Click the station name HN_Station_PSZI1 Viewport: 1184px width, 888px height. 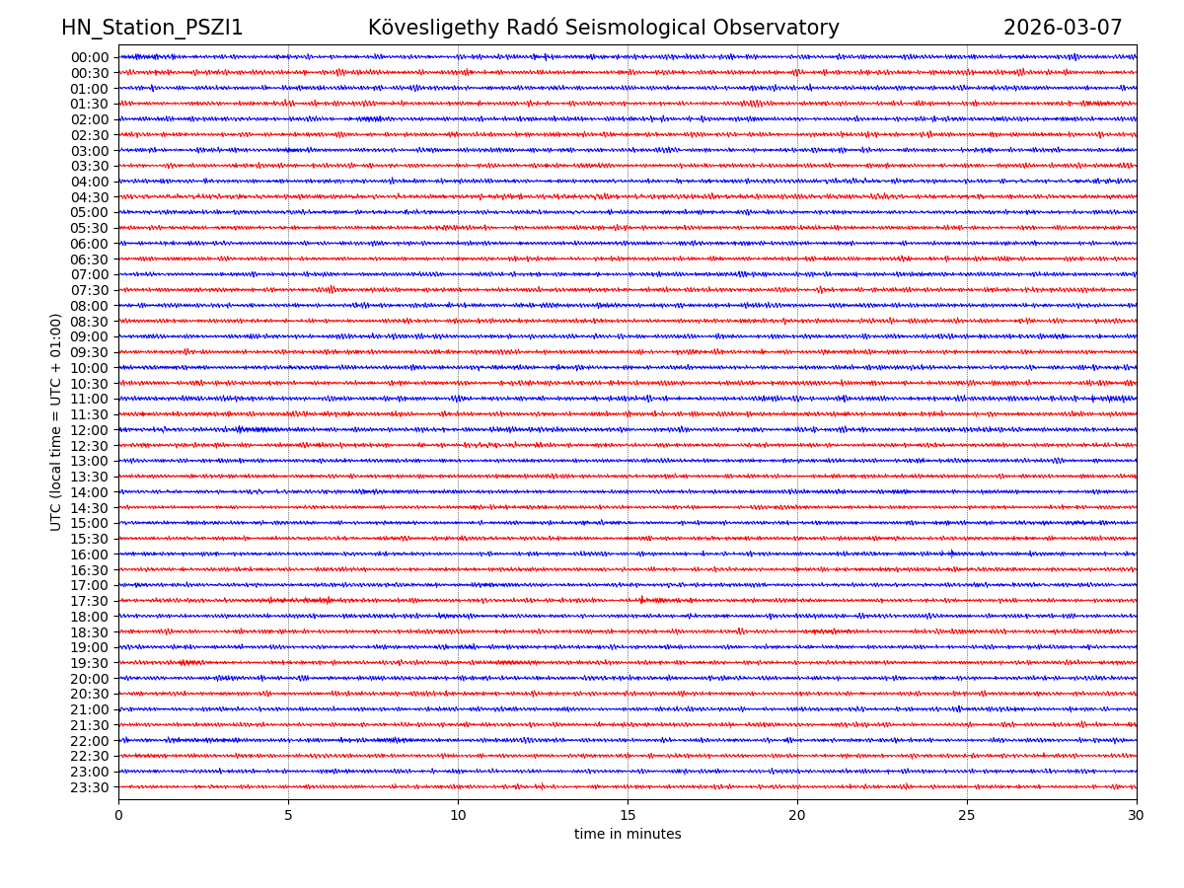click(x=152, y=29)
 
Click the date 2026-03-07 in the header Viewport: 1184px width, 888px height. click(x=1063, y=29)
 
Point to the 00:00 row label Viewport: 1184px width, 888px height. click(x=90, y=57)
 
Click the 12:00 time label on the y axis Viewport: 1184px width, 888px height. click(x=90, y=430)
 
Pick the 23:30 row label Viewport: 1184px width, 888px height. click(x=90, y=787)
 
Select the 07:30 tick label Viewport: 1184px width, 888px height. click(x=90, y=290)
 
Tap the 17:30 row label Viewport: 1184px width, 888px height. click(x=90, y=601)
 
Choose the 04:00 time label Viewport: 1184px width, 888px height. click(x=90, y=182)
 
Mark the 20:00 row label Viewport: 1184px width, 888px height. click(x=90, y=679)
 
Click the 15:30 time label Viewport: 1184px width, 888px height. click(x=90, y=539)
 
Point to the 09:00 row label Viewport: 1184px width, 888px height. click(x=90, y=336)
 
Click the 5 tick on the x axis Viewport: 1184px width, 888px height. click(x=288, y=816)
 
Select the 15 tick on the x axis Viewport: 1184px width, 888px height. click(x=628, y=816)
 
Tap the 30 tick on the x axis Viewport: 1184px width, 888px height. click(x=1137, y=816)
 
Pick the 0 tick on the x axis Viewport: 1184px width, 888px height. click(x=118, y=816)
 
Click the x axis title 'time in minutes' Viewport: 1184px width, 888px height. click(x=628, y=835)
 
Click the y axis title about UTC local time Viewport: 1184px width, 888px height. click(x=56, y=422)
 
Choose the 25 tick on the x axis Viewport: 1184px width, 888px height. click(x=967, y=816)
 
